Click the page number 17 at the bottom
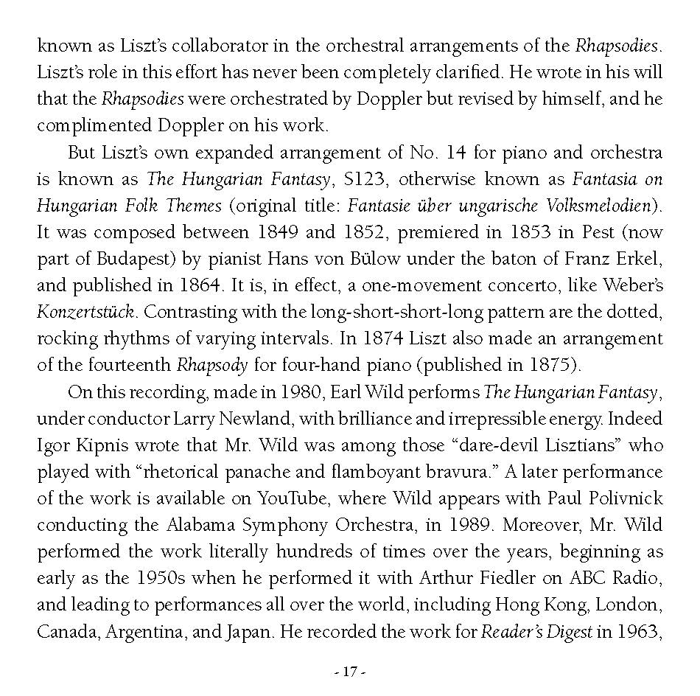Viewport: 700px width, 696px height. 350,672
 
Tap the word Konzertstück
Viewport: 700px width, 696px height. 85,311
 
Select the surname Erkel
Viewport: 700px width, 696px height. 639,259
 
